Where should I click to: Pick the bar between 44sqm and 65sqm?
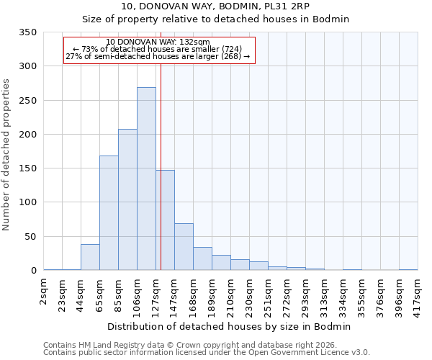[90, 257]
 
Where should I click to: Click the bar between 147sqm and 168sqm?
[184, 247]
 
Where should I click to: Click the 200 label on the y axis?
[28, 135]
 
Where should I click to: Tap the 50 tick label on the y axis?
[31, 237]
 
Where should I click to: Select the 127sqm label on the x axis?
[156, 292]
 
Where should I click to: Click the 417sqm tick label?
[418, 292]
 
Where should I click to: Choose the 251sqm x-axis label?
[269, 292]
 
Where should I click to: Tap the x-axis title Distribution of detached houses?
[230, 326]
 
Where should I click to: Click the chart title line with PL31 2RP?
[215, 6]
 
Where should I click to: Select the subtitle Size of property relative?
[215, 19]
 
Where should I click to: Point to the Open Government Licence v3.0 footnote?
[207, 352]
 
